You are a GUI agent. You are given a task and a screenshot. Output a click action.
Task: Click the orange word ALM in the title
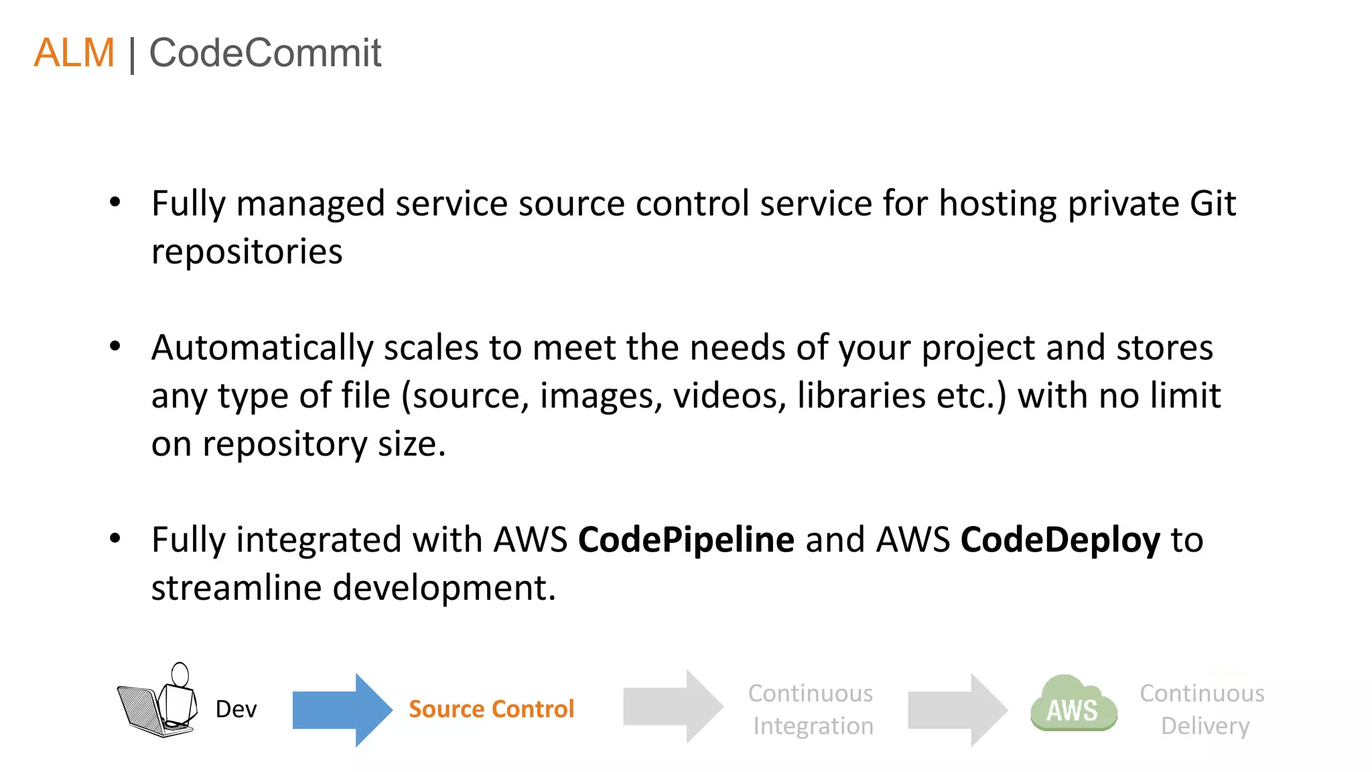click(74, 53)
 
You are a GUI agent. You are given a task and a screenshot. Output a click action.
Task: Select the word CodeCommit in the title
click(265, 53)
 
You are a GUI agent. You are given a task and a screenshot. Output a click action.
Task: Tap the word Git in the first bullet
click(1213, 204)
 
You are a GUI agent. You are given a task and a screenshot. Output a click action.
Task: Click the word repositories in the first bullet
click(247, 252)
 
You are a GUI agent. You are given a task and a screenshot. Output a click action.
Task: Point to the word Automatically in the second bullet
click(262, 348)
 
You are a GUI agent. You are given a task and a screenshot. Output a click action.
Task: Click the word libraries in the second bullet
click(862, 395)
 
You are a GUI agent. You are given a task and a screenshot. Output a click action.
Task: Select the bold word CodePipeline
click(686, 539)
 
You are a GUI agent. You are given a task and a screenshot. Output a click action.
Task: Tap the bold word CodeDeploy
click(1060, 540)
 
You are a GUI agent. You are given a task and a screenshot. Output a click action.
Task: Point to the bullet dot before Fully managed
click(115, 202)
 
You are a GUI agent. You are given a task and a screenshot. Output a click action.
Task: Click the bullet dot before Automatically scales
click(115, 346)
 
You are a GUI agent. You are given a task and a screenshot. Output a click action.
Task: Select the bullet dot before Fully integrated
click(115, 538)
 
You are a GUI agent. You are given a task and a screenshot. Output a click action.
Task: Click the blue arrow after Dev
click(342, 710)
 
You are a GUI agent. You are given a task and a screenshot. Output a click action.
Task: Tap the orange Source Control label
click(491, 709)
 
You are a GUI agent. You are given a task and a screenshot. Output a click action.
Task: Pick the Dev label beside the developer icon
click(236, 709)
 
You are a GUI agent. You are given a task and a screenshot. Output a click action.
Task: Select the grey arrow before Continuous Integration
click(673, 706)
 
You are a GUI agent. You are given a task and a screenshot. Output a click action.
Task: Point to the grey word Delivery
click(1205, 726)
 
